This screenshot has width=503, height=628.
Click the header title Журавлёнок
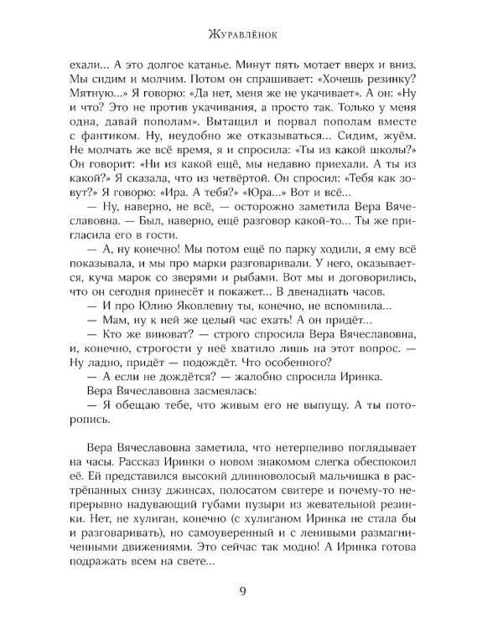pos(252,35)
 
